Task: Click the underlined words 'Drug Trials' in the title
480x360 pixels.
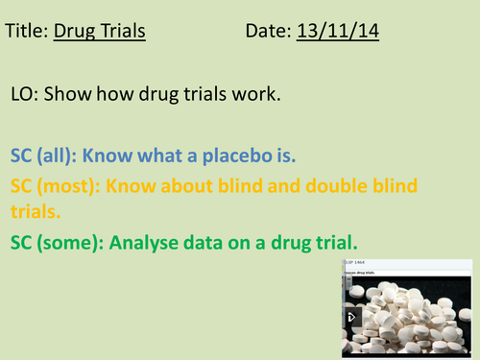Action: tap(100, 32)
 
